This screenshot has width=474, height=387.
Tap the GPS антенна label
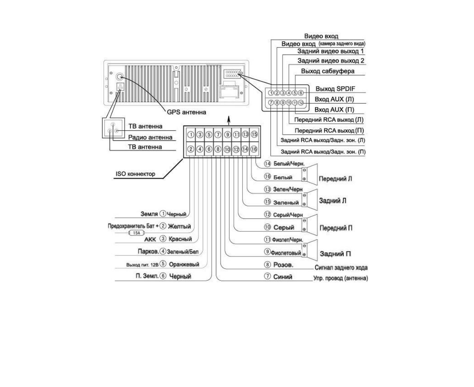186,112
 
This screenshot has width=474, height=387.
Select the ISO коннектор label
135,174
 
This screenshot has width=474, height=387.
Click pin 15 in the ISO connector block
254,134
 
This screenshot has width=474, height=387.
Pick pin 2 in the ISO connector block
191,149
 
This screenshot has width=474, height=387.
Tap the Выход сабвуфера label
328,71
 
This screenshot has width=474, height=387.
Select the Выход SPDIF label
335,89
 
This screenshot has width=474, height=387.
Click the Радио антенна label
150,137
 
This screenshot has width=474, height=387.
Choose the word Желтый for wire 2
179,227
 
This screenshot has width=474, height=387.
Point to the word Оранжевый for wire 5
184,264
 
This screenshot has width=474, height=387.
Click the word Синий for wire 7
283,277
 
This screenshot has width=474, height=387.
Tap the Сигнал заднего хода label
341,267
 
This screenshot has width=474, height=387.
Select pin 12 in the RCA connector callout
301,102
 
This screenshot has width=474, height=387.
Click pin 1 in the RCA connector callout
271,93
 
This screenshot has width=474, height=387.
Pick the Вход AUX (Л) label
334,99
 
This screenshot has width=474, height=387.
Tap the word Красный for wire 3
180,239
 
